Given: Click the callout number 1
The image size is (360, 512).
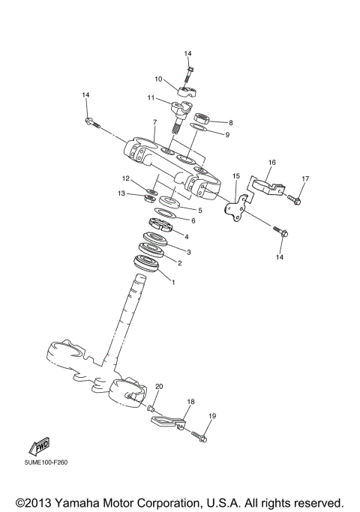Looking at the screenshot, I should point(173,283).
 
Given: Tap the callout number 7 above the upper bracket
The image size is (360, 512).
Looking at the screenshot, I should point(154,122).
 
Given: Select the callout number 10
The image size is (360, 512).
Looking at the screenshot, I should point(158,79).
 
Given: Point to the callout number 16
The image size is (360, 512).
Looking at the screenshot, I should point(272,162).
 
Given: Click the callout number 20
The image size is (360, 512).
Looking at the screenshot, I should point(158,386).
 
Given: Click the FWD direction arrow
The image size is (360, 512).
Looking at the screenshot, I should point(39,448).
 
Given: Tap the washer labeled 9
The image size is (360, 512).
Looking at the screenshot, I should point(199,130).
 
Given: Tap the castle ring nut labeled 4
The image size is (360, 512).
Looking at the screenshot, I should point(162,223).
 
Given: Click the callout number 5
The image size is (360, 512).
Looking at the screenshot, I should point(200,211).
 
